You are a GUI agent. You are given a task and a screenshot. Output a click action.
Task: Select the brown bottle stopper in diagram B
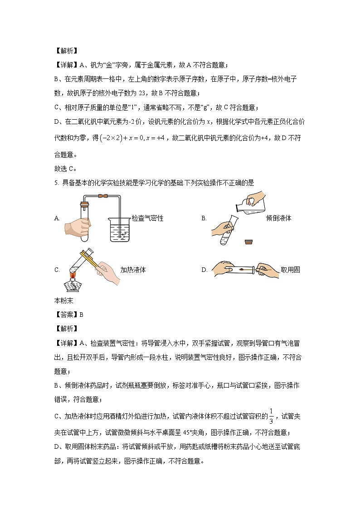point(248,242)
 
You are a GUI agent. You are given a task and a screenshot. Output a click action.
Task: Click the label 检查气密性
point(147,218)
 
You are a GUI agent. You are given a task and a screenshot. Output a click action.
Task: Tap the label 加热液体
point(133,270)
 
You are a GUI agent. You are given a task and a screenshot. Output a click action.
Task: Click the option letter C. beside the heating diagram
point(57,270)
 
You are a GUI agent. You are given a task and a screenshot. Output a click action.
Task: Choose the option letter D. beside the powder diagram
point(204,270)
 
